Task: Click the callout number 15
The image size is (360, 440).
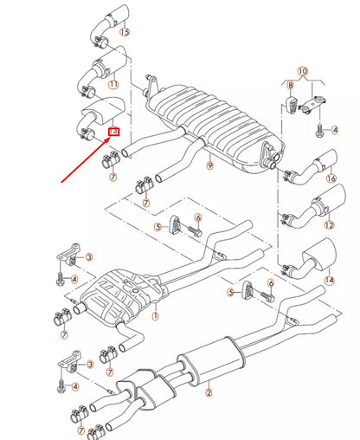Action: pyautogui.click(x=125, y=32)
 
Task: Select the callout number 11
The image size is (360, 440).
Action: pyautogui.click(x=113, y=84)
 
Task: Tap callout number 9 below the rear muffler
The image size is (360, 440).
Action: pyautogui.click(x=209, y=165)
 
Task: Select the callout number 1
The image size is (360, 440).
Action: pyautogui.click(x=155, y=316)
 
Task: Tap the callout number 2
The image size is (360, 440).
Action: pyautogui.click(x=208, y=392)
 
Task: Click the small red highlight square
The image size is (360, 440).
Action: pyautogui.click(x=113, y=131)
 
